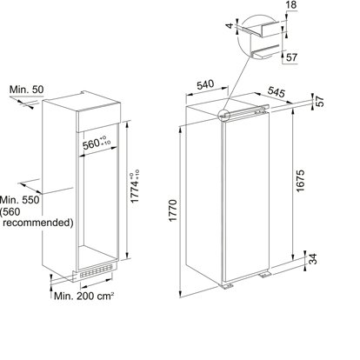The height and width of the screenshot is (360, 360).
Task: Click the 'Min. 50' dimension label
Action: tap(26, 90)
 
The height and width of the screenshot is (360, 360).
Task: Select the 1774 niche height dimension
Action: tap(135, 186)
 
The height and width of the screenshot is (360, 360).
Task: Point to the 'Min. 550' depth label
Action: tap(20, 200)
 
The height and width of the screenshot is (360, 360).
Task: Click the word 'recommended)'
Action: tap(38, 223)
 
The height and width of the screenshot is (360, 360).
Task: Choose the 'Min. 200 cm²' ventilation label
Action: tap(83, 296)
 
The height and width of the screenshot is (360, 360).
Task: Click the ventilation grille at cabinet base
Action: tap(96, 271)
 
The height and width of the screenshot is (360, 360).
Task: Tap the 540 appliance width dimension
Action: tap(205, 85)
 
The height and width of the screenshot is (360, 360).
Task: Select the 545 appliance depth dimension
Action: tap(277, 91)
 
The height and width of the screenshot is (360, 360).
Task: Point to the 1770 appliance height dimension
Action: tap(173, 210)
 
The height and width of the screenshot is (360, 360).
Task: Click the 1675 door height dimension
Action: tap(300, 181)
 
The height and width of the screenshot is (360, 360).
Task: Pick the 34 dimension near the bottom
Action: tap(312, 259)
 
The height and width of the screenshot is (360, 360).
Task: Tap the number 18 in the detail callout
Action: tap(291, 6)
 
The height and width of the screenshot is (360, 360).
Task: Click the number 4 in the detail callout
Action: tap(230, 26)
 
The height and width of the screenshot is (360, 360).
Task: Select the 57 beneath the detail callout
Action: tap(291, 57)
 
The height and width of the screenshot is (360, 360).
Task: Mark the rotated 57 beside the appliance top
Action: tap(319, 102)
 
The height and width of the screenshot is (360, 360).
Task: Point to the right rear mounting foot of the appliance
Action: tap(265, 275)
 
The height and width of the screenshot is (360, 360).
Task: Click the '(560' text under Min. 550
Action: tap(10, 212)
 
